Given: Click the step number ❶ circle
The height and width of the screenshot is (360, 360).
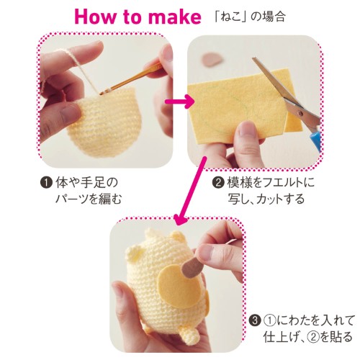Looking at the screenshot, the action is tap(46, 183).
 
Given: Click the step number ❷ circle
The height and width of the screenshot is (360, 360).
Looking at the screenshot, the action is tap(218, 183).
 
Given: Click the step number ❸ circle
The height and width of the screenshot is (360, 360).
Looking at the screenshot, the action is tap(255, 320).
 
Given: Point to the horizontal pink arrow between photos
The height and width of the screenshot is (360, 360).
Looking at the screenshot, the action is tap(179, 102).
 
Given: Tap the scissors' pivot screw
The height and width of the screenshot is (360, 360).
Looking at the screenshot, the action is tap(299, 112).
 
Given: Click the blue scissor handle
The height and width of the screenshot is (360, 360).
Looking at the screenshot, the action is tap(315, 138).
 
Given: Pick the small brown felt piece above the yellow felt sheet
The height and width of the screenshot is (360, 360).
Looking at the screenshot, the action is tap(212, 60).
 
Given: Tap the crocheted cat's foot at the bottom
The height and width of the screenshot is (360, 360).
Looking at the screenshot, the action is tap(190, 335).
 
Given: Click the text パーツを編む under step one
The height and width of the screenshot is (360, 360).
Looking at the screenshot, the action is tap(89, 199).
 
